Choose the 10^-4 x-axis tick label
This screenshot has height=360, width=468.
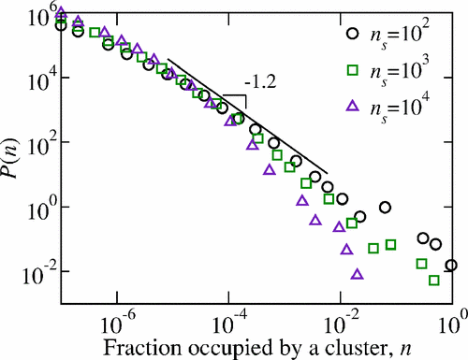(228, 322)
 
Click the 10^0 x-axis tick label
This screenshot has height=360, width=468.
(453, 322)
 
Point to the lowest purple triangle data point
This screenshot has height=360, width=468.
(357, 274)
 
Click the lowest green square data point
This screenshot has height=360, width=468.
(433, 280)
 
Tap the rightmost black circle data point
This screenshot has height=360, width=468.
(451, 266)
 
